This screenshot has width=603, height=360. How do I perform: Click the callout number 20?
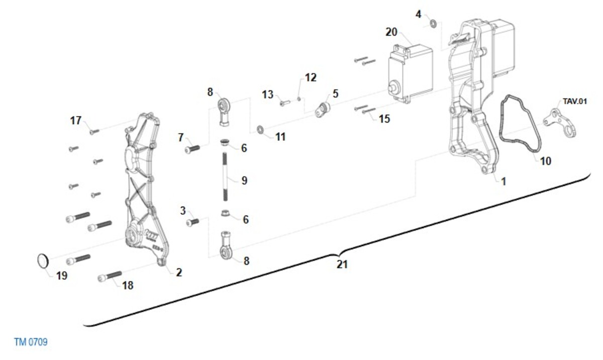point(391,32)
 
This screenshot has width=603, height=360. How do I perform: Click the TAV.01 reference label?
point(575,101)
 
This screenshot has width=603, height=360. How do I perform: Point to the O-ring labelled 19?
point(44,260)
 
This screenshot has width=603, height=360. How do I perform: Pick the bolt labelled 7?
point(192,149)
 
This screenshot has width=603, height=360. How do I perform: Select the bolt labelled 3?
point(192,221)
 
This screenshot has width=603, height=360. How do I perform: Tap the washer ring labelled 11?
point(261,131)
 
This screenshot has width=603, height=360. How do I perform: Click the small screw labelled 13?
point(283,103)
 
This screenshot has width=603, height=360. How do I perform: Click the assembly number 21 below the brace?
point(342,264)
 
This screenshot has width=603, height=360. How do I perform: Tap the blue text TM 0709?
point(31,342)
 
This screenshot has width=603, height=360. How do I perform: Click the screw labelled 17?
point(93,132)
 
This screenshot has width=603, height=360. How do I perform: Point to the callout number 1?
point(504,181)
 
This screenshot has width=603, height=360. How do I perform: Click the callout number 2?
point(179,272)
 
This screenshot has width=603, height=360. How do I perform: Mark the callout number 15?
point(384,119)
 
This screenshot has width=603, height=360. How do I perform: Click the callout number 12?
point(311,77)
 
